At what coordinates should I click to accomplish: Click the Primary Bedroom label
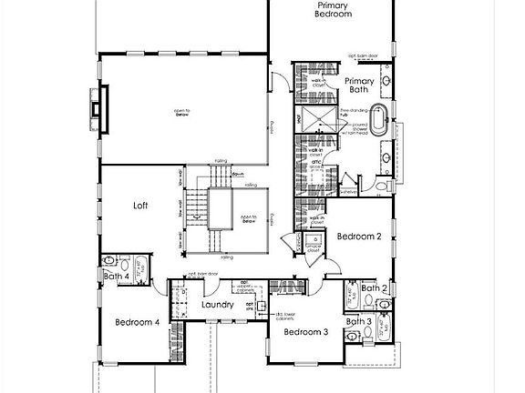click(332, 10)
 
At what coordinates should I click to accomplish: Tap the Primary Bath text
click(359, 85)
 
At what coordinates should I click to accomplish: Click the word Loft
click(140, 206)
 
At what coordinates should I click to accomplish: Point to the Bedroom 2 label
click(358, 236)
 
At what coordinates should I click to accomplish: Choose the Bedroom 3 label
click(305, 332)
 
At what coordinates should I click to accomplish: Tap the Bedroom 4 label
click(138, 322)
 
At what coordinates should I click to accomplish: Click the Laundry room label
click(218, 305)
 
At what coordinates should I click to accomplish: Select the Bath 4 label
click(116, 277)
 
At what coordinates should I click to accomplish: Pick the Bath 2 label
click(374, 288)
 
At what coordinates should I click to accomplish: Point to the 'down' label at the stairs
click(236, 175)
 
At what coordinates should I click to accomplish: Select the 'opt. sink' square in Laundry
click(260, 306)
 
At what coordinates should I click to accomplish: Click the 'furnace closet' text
click(312, 245)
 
